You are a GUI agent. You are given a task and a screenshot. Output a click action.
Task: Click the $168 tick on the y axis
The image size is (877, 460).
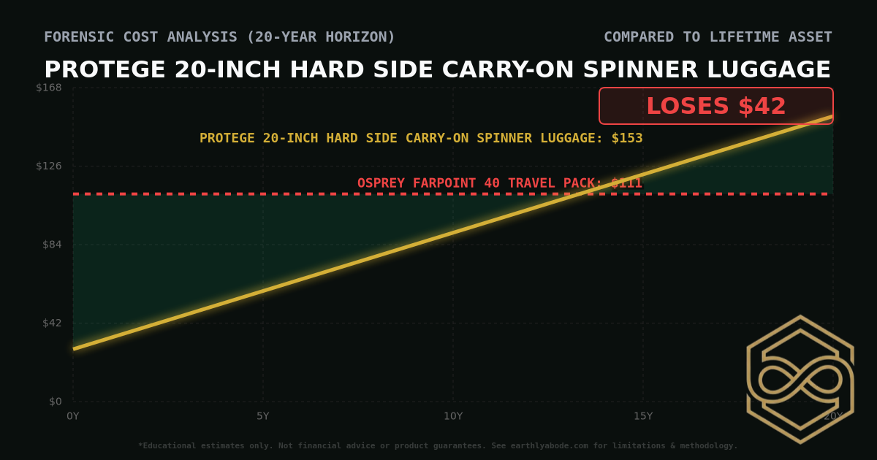point(49,88)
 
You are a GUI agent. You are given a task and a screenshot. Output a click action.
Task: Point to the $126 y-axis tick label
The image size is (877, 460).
point(49,166)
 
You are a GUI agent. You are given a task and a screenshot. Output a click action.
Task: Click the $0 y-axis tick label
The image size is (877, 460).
point(55,402)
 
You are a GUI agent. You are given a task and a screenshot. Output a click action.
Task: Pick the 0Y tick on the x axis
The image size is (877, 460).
point(73,416)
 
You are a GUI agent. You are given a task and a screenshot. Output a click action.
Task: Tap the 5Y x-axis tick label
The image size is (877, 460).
point(263,416)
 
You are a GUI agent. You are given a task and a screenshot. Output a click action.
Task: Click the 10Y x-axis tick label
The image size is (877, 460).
point(453,416)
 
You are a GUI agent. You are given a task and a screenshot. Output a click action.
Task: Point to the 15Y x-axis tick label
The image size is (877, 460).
point(643,416)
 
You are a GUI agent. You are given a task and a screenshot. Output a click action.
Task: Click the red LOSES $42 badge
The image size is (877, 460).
point(715,106)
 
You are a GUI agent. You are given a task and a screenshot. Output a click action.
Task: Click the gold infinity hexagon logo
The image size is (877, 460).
point(800,379)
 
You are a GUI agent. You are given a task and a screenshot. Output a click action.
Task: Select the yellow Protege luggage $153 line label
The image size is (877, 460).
point(421,138)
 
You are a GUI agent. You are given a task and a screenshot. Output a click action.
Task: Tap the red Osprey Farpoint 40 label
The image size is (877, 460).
point(500,183)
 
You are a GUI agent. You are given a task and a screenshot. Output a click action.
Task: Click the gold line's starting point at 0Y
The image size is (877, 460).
point(73,349)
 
